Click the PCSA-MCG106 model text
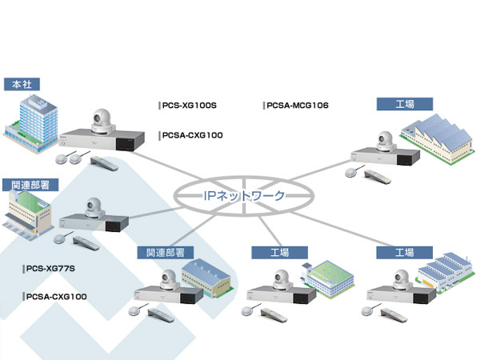click(296, 105)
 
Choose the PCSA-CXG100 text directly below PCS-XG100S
click(193, 136)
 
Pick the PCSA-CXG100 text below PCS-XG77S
click(56, 297)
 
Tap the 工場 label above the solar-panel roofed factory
click(404, 103)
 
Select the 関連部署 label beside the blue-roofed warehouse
click(165, 252)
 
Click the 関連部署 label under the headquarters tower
click(30, 184)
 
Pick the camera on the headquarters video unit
click(102, 122)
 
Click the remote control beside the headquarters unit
click(106, 163)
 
